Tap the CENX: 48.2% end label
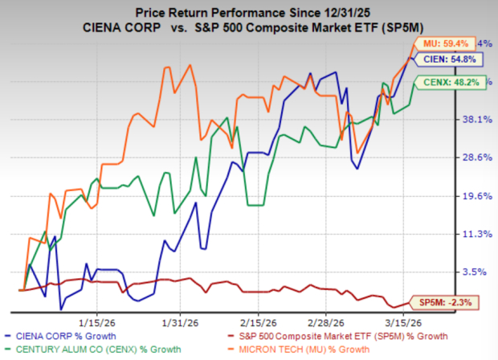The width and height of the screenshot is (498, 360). tap(441, 82)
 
